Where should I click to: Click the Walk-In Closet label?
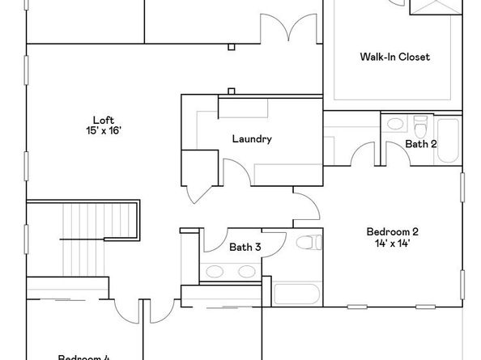pos(394,57)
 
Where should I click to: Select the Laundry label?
pos(251,138)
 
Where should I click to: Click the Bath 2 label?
pos(421,144)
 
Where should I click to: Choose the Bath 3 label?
pos(245,248)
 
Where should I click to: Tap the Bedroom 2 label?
pos(392,231)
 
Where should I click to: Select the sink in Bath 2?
pos(394,125)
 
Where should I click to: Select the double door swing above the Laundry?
pos(290,30)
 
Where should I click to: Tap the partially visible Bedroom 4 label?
pos(84,356)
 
